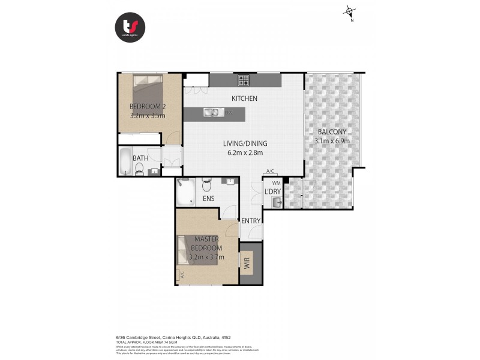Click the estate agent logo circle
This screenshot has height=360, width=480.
pos(130,27)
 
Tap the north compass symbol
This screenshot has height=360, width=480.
pos(350,12)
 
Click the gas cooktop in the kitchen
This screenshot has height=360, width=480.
pos(244,79)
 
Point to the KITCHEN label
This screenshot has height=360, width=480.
pos(245,98)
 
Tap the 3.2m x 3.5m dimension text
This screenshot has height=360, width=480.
pos(148,116)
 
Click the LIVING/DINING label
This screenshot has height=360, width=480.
pos(245,143)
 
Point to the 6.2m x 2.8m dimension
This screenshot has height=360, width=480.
pos(245,153)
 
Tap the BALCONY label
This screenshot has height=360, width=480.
pos(331,132)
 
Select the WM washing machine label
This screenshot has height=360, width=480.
pos(276,182)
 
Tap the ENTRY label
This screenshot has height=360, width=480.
pos(251,221)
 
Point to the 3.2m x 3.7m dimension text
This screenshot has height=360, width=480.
pos(206,257)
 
